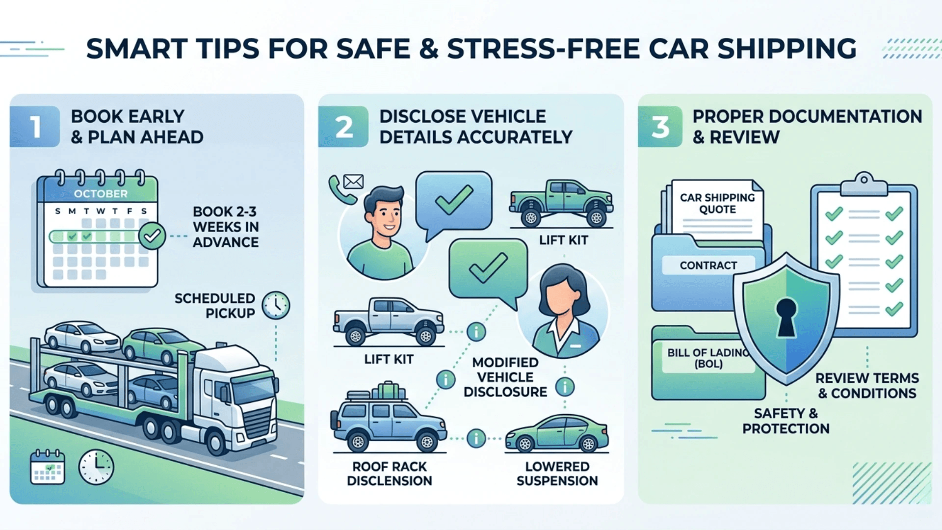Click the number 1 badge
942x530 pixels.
[x=35, y=127]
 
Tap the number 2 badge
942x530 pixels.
[x=343, y=127]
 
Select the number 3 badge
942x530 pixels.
[x=660, y=127]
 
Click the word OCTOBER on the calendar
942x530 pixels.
[x=101, y=194]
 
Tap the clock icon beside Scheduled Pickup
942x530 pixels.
[x=276, y=306]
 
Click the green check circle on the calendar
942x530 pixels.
[x=152, y=236]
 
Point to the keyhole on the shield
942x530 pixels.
[x=786, y=317]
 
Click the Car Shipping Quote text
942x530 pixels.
[x=717, y=204]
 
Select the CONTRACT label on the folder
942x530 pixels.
[x=708, y=265]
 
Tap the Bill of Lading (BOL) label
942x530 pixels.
[x=708, y=358]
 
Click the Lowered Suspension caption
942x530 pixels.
[x=557, y=474]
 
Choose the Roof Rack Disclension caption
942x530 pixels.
[x=390, y=474]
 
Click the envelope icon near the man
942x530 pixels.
[x=353, y=182]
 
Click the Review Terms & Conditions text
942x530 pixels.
[x=866, y=386]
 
